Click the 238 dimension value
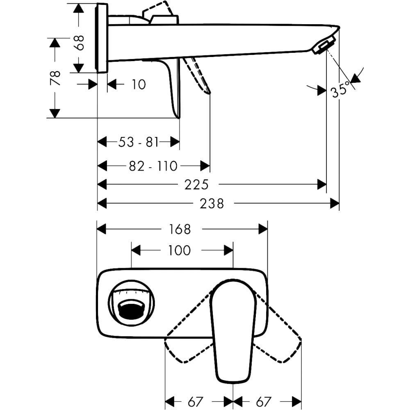212,203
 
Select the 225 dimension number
196,185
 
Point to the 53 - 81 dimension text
138,142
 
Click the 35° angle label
341,89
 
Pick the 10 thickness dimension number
139,84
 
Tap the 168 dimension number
180,229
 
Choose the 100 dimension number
180,250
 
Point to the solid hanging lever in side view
174,86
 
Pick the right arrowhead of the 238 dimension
335,203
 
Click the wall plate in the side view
102,38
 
